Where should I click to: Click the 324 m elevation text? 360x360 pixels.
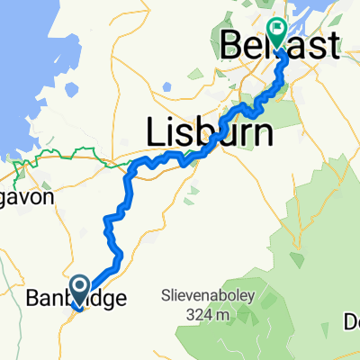click(214, 314)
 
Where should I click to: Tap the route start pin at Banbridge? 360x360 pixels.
click(79, 289)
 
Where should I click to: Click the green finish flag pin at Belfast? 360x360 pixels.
click(276, 33)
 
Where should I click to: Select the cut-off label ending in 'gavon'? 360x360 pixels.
click(27, 196)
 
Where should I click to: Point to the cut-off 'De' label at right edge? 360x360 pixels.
click(351, 320)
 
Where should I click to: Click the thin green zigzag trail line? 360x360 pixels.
click(54, 162)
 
